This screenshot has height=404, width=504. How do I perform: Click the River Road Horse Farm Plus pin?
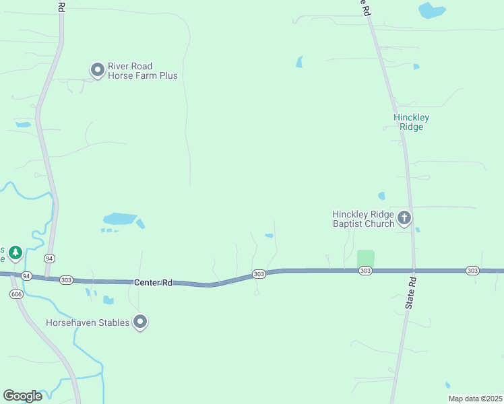click(x=98, y=69)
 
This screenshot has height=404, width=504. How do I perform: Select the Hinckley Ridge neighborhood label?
click(x=411, y=122)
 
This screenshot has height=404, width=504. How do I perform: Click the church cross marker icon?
click(x=404, y=217)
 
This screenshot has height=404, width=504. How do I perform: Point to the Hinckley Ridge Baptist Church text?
click(x=363, y=219)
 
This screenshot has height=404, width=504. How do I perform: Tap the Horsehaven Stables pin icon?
click(x=140, y=322)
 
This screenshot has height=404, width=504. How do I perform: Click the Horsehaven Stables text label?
click(x=88, y=323)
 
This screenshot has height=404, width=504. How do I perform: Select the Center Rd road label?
click(x=152, y=283)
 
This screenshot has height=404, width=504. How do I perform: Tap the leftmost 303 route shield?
click(x=66, y=279)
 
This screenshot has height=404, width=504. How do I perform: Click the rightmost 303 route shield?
click(x=472, y=271)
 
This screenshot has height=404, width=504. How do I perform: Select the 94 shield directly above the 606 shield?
click(x=26, y=276)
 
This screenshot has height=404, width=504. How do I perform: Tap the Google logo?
click(x=22, y=395)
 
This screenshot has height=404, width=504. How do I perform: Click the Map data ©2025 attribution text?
click(x=475, y=399)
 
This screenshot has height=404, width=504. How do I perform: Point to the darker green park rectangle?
click(x=365, y=258)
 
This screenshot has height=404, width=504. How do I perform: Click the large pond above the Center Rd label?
click(x=120, y=218)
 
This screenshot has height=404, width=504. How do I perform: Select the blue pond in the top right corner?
click(x=431, y=10)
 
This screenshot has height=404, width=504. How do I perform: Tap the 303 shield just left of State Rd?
click(x=365, y=271)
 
